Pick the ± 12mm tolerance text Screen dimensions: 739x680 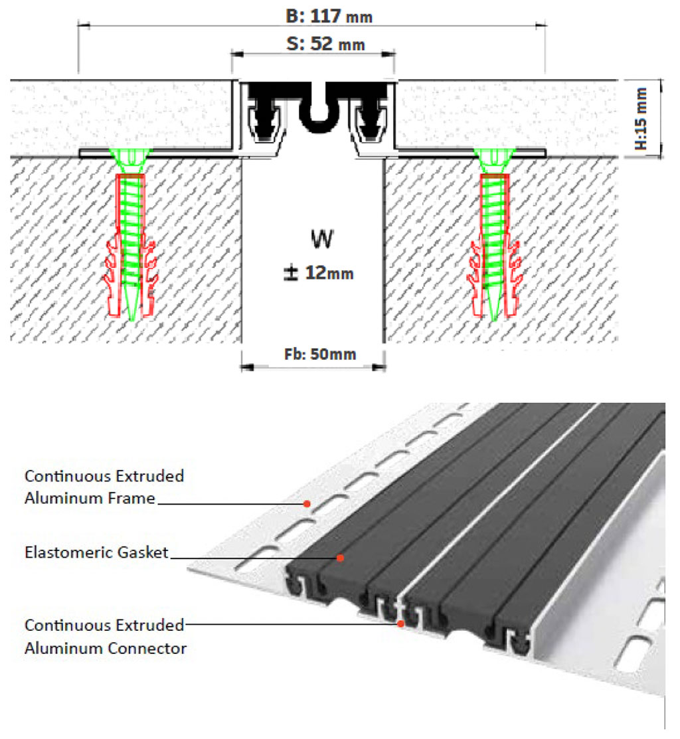[x=319, y=272]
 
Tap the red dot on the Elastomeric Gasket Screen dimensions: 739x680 [x=340, y=558]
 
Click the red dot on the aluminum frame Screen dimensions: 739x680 [x=307, y=503]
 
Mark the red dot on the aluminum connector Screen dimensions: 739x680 [x=400, y=623]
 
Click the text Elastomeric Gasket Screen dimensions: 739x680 [x=96, y=552]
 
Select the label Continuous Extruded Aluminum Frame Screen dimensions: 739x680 [x=104, y=487]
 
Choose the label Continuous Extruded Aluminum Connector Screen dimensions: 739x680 [x=105, y=636]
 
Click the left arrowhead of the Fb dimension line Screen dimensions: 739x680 [x=244, y=366]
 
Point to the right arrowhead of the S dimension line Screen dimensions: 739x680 [x=391, y=54]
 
